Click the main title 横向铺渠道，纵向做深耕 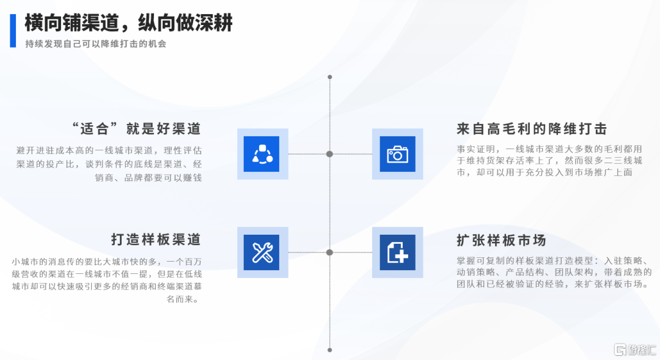(129, 23)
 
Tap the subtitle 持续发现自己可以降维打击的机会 (95, 44)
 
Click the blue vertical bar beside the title (13, 31)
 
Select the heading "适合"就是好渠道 (136, 128)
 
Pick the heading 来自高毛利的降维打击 (532, 129)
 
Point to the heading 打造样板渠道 (156, 239)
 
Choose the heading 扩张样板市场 (501, 240)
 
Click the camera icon (397, 154)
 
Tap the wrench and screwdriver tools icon (262, 252)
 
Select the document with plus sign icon (397, 252)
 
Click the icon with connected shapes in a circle (262, 154)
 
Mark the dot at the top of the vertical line (330, 77)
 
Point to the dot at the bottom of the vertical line (330, 350)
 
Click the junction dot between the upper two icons (330, 154)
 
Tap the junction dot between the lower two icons (330, 252)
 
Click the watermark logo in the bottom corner (636, 350)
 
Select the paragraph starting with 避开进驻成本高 (109, 164)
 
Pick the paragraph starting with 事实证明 (550, 160)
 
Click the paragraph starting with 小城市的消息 (107, 280)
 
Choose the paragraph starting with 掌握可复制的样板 (554, 272)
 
